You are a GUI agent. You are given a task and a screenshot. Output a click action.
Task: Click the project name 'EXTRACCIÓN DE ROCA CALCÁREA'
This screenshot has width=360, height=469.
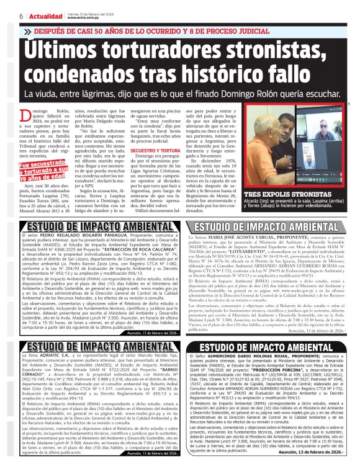[x=134, y=245]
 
